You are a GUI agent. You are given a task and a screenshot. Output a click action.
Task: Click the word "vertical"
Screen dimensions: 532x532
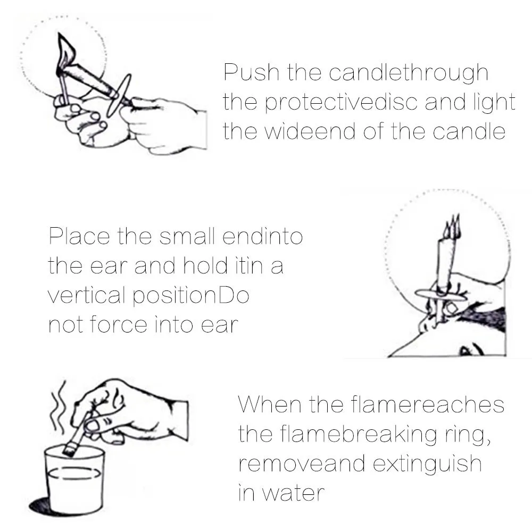86,295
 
